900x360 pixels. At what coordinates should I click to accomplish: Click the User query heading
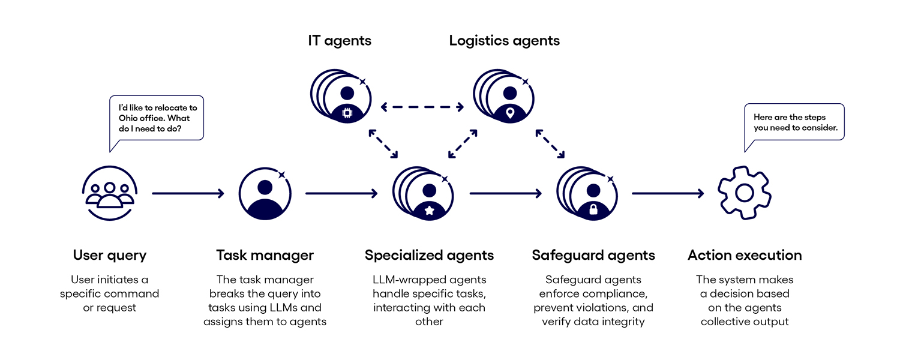click(x=109, y=255)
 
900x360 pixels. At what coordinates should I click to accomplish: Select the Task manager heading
click(x=265, y=255)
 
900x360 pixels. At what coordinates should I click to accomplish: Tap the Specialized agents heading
click(x=429, y=255)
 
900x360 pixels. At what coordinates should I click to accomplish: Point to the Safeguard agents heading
click(x=593, y=255)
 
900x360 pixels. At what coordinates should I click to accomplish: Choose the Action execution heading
click(x=745, y=255)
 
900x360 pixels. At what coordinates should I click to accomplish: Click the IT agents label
click(x=340, y=41)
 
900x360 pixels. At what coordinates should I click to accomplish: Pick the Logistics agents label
click(x=504, y=41)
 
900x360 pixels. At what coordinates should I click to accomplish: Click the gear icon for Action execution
click(x=745, y=193)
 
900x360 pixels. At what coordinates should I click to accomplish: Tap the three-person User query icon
click(x=109, y=193)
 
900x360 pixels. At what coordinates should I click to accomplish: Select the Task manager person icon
click(x=265, y=193)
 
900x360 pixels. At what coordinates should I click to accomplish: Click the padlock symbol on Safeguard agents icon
click(x=593, y=209)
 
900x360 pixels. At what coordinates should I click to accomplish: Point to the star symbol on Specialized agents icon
click(x=430, y=210)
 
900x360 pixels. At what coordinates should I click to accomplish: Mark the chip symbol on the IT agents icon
click(x=346, y=113)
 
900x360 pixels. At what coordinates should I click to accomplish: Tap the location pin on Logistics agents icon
click(x=510, y=112)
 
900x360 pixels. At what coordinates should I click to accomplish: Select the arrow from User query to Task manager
click(x=187, y=193)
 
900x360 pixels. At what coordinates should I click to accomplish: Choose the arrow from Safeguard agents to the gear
click(x=667, y=193)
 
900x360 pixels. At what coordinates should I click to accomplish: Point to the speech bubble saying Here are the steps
click(x=794, y=122)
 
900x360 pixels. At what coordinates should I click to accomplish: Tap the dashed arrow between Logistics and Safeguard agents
click(x=550, y=144)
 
